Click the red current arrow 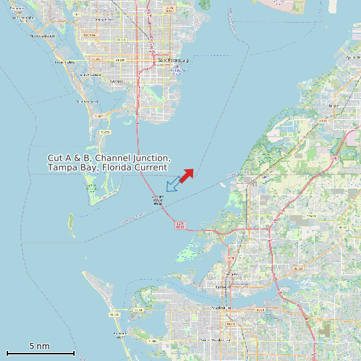(186, 175)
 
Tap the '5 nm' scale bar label (39, 346)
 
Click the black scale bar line (40, 352)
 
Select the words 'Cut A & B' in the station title (69, 158)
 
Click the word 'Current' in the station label (151, 168)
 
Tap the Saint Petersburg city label (174, 60)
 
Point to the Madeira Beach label (42, 35)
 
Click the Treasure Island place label (64, 62)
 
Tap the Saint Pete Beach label (87, 101)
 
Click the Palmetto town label (231, 274)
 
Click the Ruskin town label (334, 105)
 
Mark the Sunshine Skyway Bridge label (159, 200)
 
